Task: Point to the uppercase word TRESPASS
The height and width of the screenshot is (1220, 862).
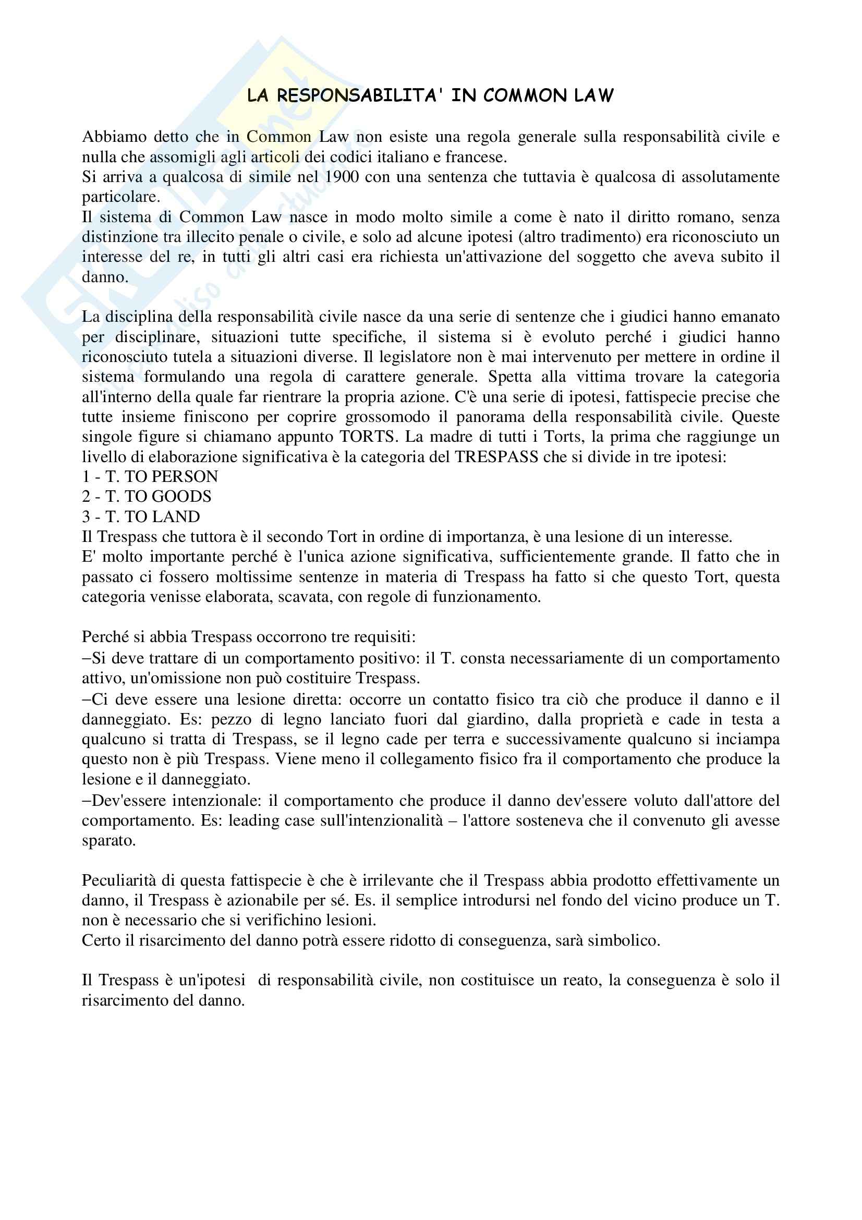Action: [x=496, y=457]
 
